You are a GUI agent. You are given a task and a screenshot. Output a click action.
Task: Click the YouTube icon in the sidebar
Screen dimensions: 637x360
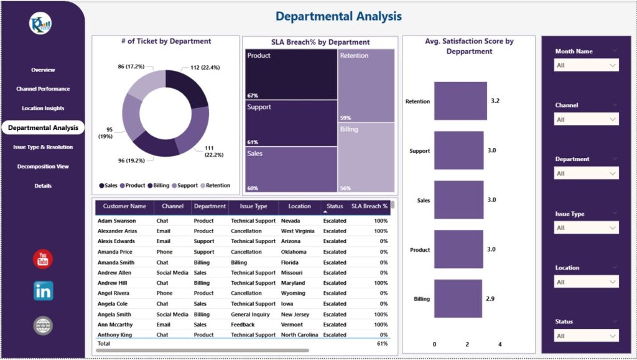pos(43,259)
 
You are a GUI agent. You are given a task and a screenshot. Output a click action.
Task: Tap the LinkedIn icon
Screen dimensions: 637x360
pos(43,291)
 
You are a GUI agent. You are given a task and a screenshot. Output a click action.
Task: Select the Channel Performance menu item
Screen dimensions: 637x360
pos(43,89)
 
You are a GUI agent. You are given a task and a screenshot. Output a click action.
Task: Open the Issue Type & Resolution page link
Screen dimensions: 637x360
pos(43,147)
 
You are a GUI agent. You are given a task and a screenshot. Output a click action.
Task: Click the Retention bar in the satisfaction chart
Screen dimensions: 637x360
pos(460,101)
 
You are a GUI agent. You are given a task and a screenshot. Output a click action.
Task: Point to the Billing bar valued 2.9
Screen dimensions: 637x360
pos(458,298)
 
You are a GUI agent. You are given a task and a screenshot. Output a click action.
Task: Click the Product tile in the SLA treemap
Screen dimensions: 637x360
pos(291,74)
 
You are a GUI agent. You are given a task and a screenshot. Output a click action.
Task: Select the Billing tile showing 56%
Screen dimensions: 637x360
pos(366,157)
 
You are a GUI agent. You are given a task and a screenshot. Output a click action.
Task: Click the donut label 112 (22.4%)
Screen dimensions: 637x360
pos(205,67)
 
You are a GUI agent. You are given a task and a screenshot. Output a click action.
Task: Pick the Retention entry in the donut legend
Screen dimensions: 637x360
pos(215,185)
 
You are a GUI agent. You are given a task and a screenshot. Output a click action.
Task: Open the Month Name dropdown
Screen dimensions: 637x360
pos(586,65)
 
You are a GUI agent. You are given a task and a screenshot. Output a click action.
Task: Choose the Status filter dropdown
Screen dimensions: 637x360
pos(586,336)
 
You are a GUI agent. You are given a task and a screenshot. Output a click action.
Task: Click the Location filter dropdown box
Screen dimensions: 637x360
pos(586,282)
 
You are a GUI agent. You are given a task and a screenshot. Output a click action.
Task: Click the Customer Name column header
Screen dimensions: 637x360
pos(124,206)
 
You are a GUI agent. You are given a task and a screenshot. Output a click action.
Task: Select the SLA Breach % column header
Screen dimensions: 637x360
pos(370,206)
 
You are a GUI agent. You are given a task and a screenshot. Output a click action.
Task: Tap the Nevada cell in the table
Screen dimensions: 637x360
pos(291,221)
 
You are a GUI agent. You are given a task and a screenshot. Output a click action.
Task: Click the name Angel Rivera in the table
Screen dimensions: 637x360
pos(113,293)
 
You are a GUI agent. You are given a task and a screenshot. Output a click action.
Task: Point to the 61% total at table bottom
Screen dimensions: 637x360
pos(382,343)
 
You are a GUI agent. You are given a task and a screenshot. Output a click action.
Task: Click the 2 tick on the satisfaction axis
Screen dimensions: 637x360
pos(467,344)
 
